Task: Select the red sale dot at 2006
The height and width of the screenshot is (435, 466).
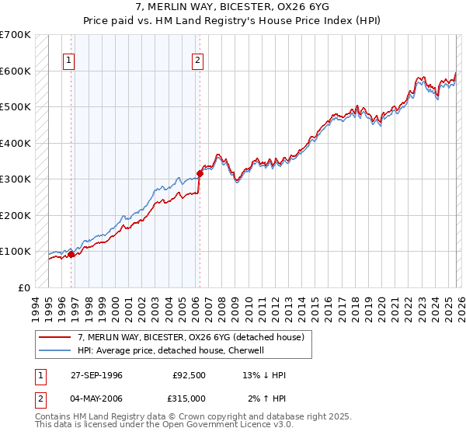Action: [x=200, y=174]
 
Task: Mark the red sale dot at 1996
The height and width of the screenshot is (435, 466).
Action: [x=71, y=254]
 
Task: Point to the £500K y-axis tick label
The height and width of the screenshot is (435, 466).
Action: [x=15, y=106]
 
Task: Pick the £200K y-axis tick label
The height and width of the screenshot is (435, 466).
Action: [x=15, y=215]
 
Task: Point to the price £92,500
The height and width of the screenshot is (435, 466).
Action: [x=187, y=375]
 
